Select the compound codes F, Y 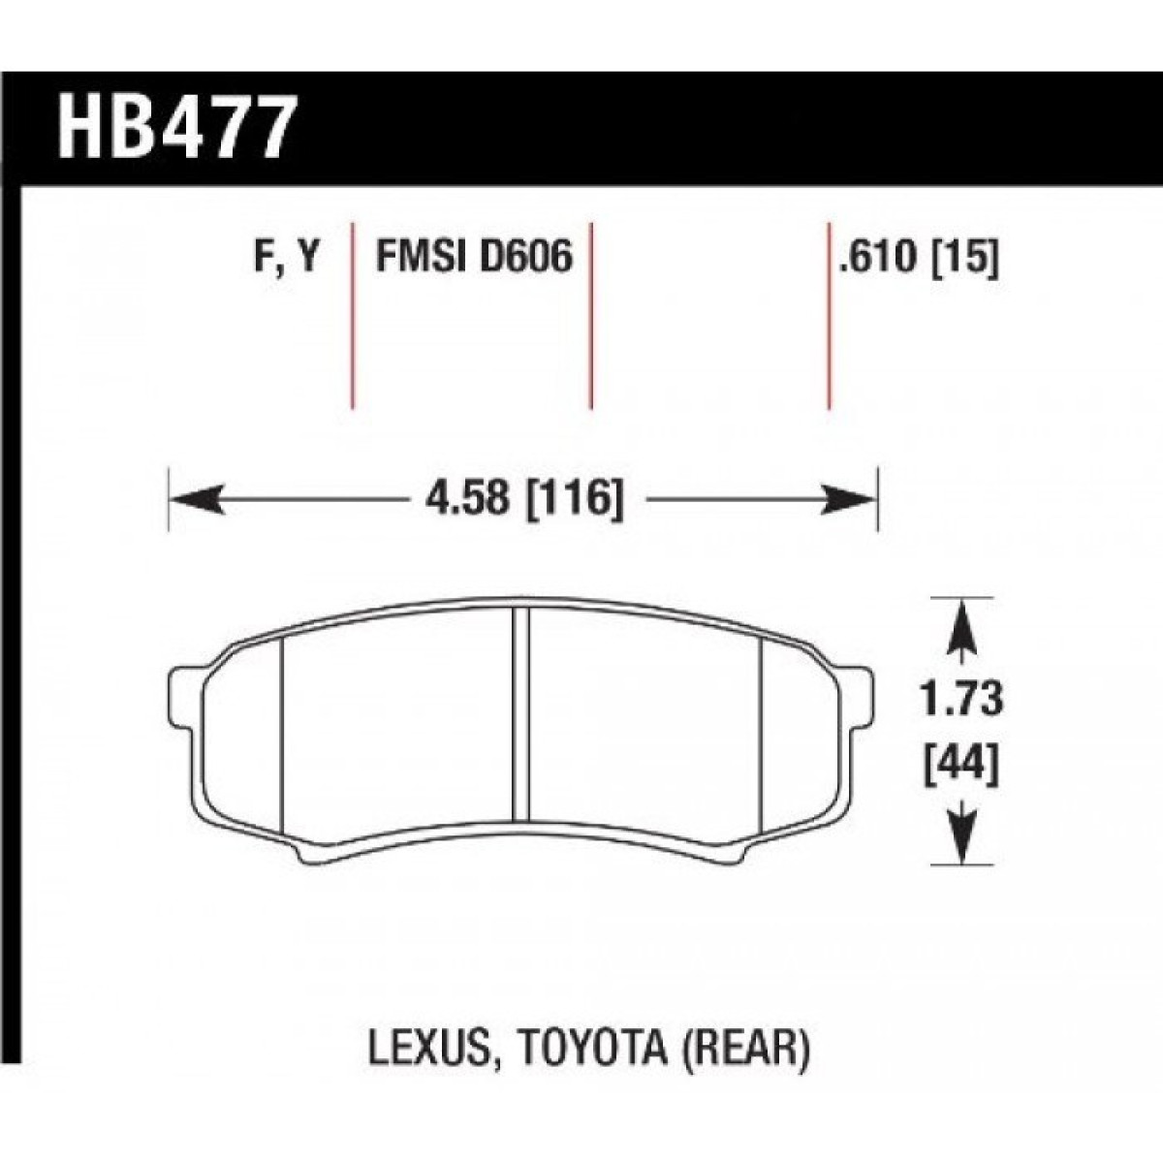click(x=286, y=255)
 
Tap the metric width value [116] click(x=576, y=500)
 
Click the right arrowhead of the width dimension click(x=847, y=500)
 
